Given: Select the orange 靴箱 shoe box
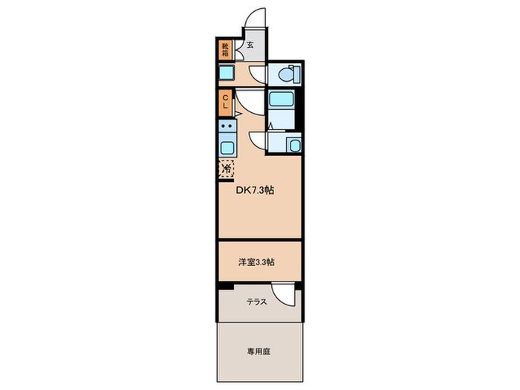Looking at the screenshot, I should coord(224,49).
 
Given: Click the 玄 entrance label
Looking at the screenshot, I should coord(250,45).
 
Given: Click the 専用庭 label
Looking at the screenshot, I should coord(260,351).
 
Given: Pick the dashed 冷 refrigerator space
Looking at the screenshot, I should coord(226,168).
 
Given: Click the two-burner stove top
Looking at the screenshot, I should coord(227,126).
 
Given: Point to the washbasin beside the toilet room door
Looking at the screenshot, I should coord(227,72).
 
